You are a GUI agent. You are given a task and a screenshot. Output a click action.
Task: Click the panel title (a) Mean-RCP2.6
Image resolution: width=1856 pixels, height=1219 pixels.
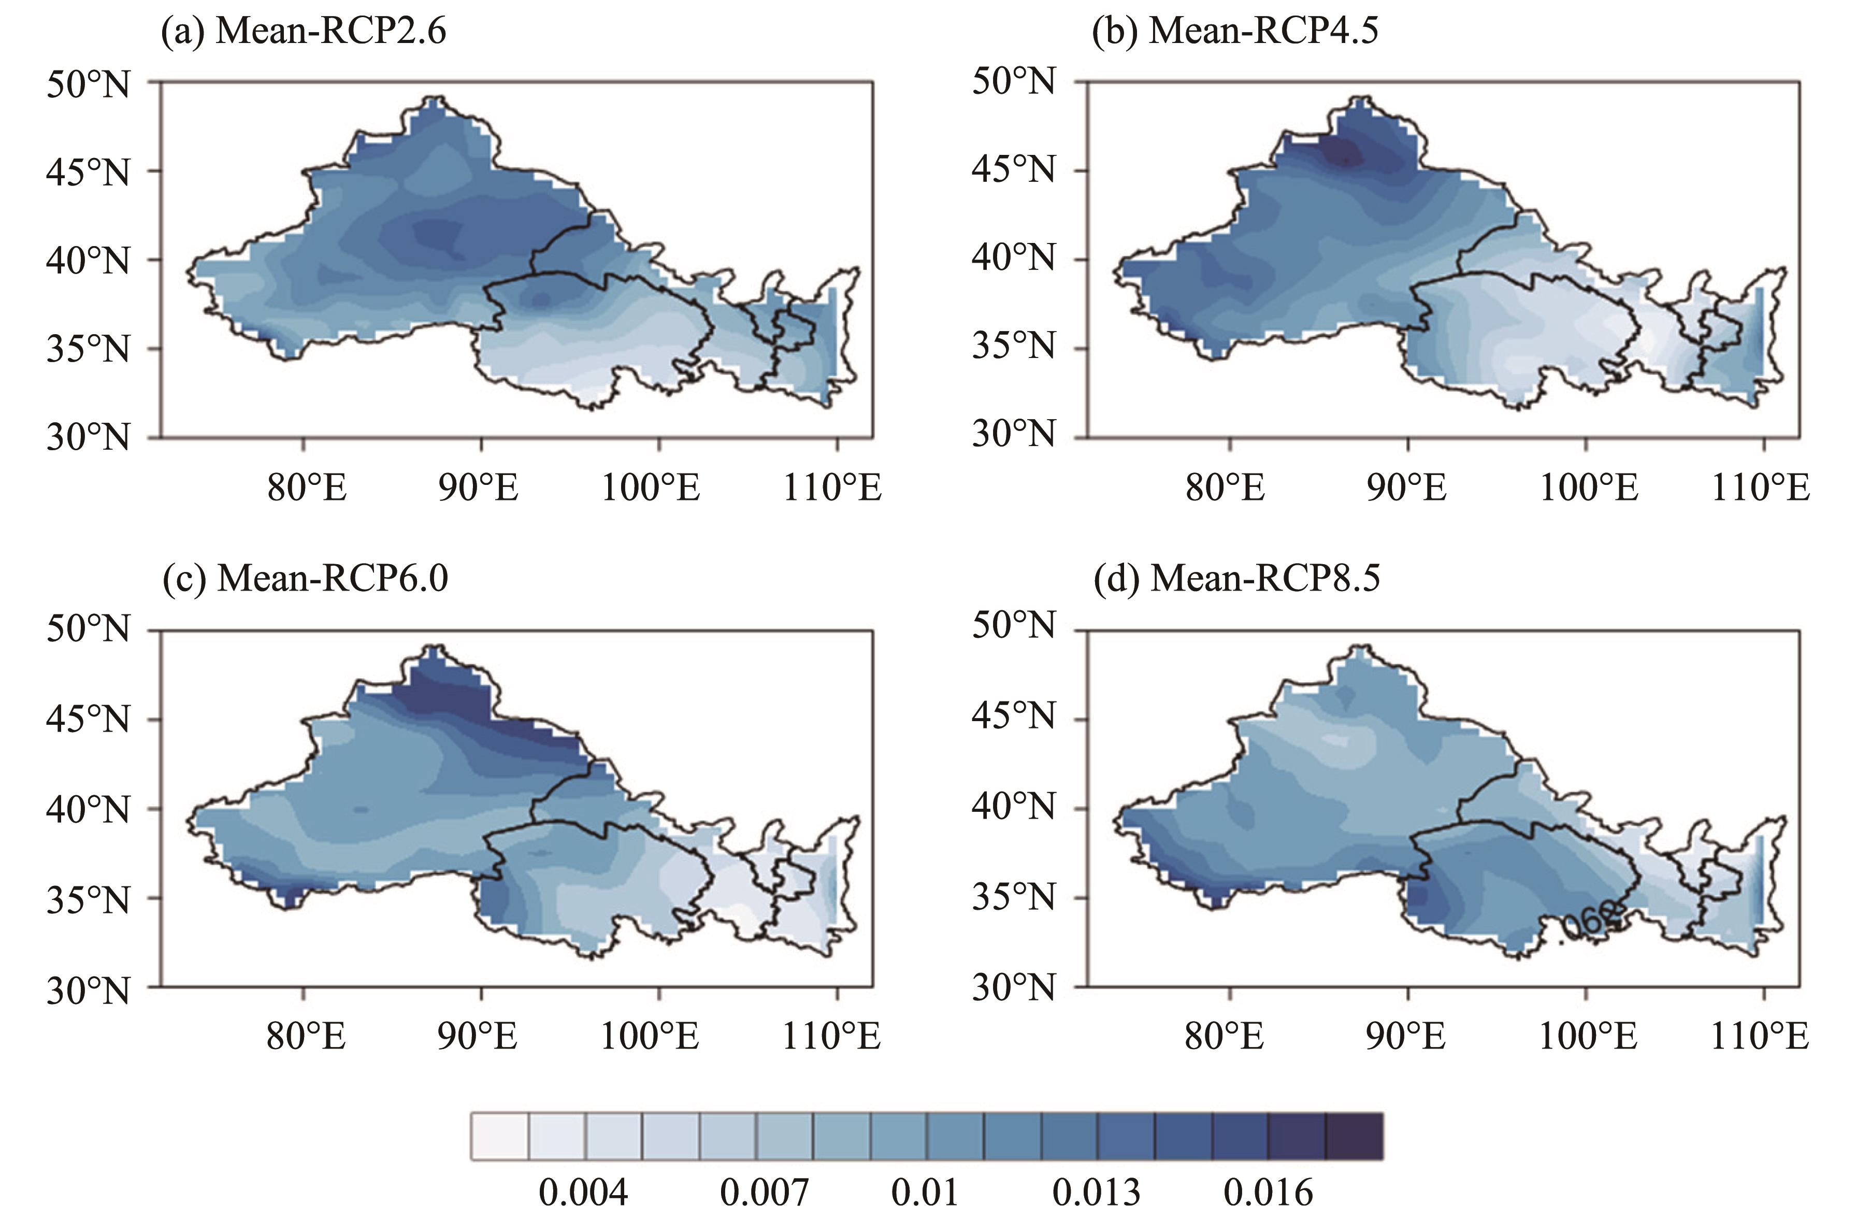point(304,32)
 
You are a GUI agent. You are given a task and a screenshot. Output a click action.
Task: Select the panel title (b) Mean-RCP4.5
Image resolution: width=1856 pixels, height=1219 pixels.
point(1235,32)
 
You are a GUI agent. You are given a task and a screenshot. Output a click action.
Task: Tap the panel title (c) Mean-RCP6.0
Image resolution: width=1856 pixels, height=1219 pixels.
point(305,579)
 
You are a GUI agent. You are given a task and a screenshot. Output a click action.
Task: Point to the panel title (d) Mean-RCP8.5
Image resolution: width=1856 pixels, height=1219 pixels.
point(1237,579)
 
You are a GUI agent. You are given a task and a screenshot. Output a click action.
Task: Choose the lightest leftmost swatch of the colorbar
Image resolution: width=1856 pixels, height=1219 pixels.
point(500,1136)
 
